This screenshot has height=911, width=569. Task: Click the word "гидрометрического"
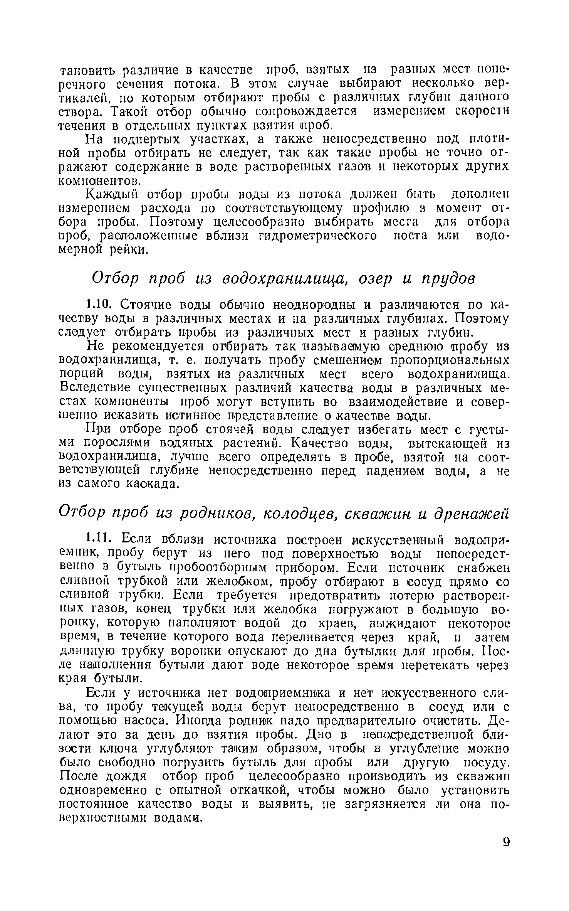(x=314, y=236)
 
